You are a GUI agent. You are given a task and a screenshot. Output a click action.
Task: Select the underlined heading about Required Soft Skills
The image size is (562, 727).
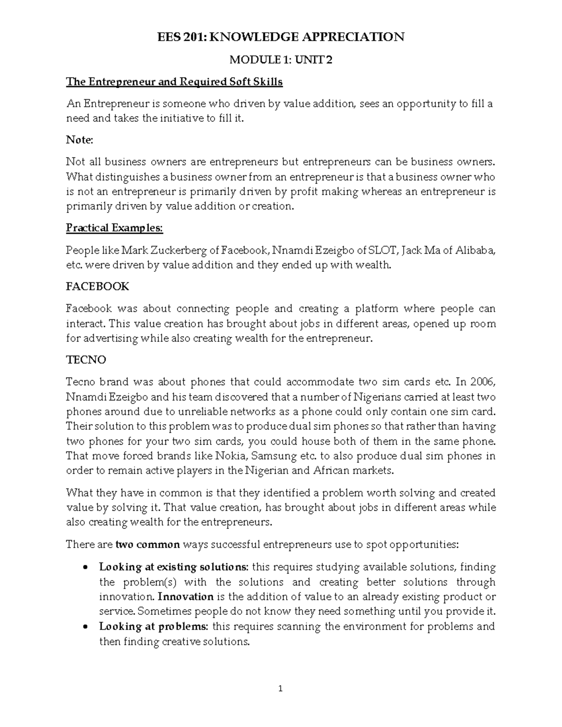point(174,82)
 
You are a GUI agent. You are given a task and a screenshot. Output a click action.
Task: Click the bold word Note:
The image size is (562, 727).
point(80,140)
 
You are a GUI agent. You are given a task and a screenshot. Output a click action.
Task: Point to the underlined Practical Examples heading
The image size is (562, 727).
point(114,228)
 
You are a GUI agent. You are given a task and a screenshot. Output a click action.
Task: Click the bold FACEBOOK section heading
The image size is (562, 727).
point(97,286)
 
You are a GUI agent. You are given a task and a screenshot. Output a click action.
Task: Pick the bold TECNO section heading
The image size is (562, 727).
point(86,360)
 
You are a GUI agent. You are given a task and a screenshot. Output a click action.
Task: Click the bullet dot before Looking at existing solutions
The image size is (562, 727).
point(85,568)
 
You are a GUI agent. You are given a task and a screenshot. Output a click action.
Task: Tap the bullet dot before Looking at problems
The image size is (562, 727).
point(85,627)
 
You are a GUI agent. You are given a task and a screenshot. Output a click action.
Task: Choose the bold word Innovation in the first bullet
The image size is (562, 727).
point(185,597)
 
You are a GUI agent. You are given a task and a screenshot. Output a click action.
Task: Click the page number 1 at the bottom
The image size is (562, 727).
point(281,689)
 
